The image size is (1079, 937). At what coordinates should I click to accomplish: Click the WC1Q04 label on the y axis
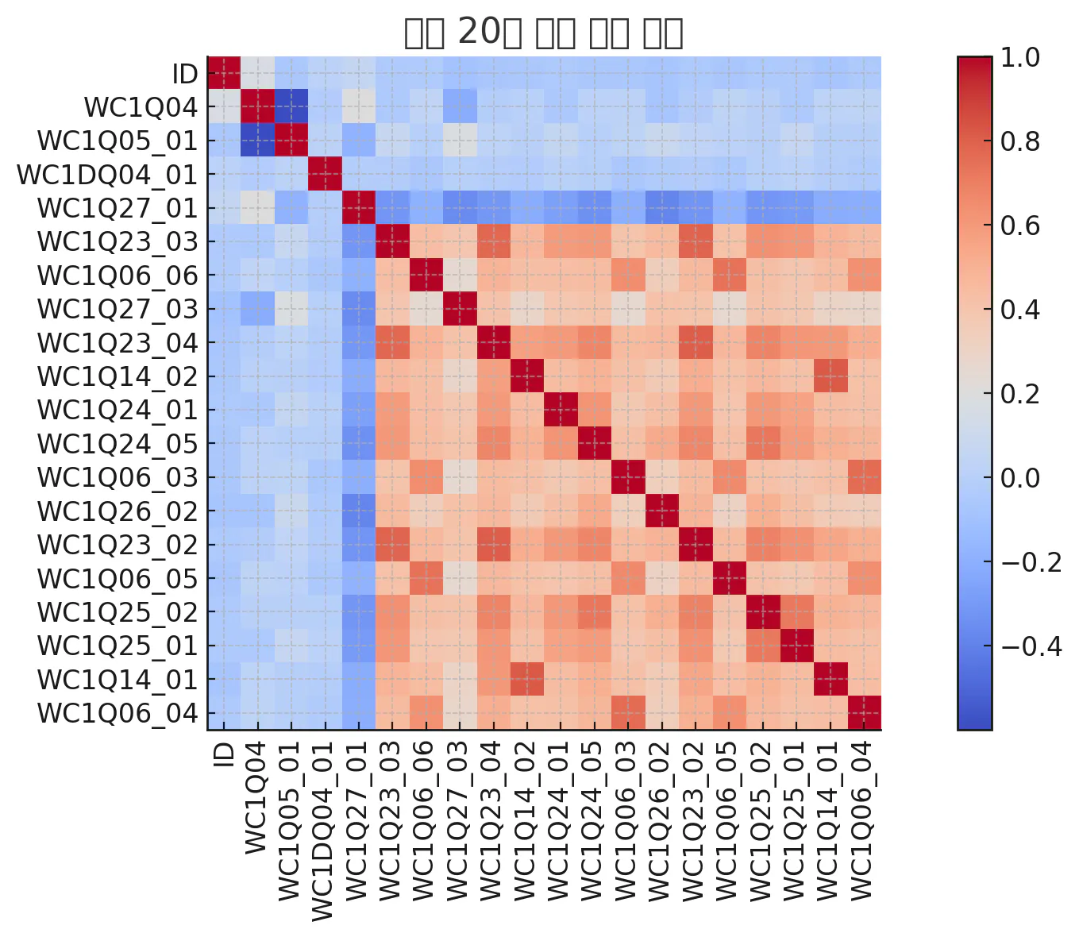[141, 107]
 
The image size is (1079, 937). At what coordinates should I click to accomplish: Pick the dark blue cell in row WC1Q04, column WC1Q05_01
[291, 107]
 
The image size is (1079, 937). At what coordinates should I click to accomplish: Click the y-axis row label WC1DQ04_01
[107, 175]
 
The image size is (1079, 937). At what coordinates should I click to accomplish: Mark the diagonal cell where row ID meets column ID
[224, 74]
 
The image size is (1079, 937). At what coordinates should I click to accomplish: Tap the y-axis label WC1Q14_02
[118, 376]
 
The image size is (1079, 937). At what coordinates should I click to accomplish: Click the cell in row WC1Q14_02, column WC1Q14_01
[830, 376]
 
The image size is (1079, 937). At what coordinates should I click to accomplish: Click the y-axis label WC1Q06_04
[118, 713]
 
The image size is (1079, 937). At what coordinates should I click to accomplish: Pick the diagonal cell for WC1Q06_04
[864, 713]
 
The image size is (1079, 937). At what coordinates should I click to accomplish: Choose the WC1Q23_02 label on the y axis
[118, 545]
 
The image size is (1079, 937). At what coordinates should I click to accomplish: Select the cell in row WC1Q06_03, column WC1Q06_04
[864, 477]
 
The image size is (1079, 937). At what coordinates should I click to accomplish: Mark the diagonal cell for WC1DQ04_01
[325, 175]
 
